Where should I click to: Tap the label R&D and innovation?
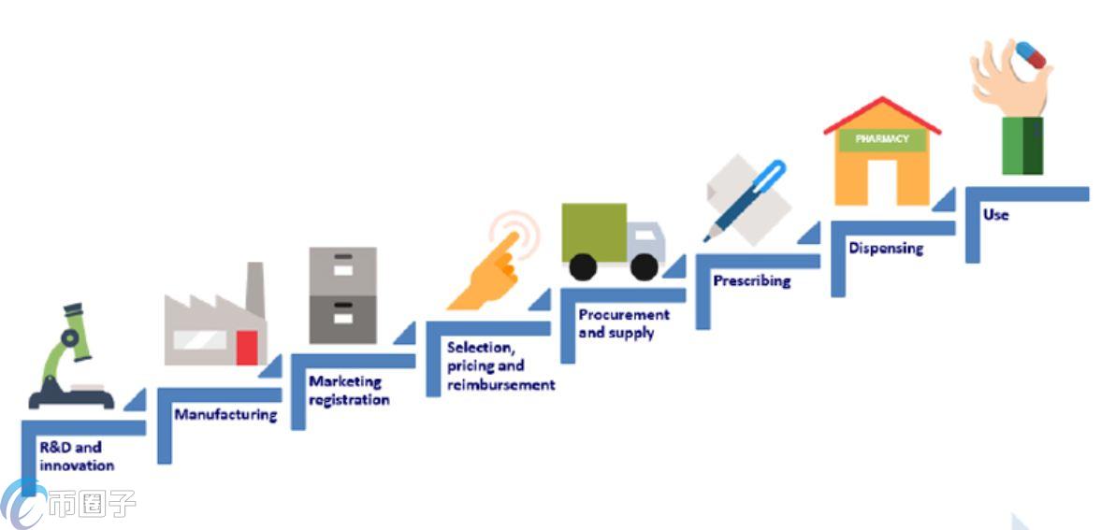[77, 456]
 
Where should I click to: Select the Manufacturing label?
[225, 414]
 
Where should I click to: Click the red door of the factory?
[247, 348]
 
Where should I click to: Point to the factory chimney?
[254, 290]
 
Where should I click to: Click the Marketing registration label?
[348, 391]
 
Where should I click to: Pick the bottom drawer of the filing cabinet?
[343, 320]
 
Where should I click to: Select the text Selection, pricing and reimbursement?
[500, 365]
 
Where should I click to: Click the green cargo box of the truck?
[593, 232]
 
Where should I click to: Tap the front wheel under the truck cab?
[644, 266]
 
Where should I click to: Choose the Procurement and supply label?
[623, 323]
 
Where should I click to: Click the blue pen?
[748, 198]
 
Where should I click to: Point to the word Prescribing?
[751, 280]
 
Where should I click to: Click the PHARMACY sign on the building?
[881, 139]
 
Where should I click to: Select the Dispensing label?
[885, 248]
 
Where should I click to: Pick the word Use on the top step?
[995, 214]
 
